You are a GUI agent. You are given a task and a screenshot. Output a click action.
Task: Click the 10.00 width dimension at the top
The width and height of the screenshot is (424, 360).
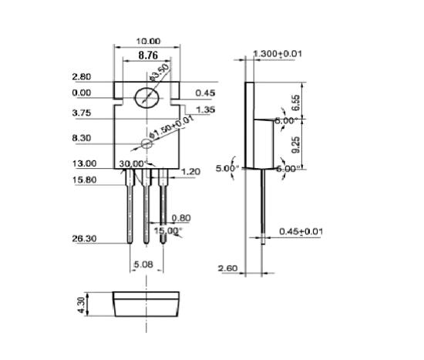click(x=149, y=41)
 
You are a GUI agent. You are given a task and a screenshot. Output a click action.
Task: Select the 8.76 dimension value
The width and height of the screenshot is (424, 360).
click(x=149, y=56)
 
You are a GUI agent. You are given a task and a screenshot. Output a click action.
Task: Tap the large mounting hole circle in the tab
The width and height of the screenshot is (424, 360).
click(x=146, y=98)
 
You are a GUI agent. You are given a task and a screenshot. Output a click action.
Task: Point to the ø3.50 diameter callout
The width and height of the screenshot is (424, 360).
click(x=160, y=75)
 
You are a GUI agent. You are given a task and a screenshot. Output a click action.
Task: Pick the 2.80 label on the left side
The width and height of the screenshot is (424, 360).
click(x=81, y=77)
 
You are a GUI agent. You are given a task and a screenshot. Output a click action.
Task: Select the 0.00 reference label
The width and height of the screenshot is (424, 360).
click(x=81, y=93)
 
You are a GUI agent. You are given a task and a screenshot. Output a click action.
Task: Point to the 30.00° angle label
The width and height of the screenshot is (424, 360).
click(x=132, y=163)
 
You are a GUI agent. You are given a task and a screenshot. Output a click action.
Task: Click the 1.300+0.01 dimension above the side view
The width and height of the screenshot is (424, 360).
click(x=277, y=53)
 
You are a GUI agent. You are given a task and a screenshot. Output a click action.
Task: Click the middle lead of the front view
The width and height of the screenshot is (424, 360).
click(x=145, y=208)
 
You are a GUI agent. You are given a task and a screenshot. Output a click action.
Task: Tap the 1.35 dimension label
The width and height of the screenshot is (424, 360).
click(x=205, y=110)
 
